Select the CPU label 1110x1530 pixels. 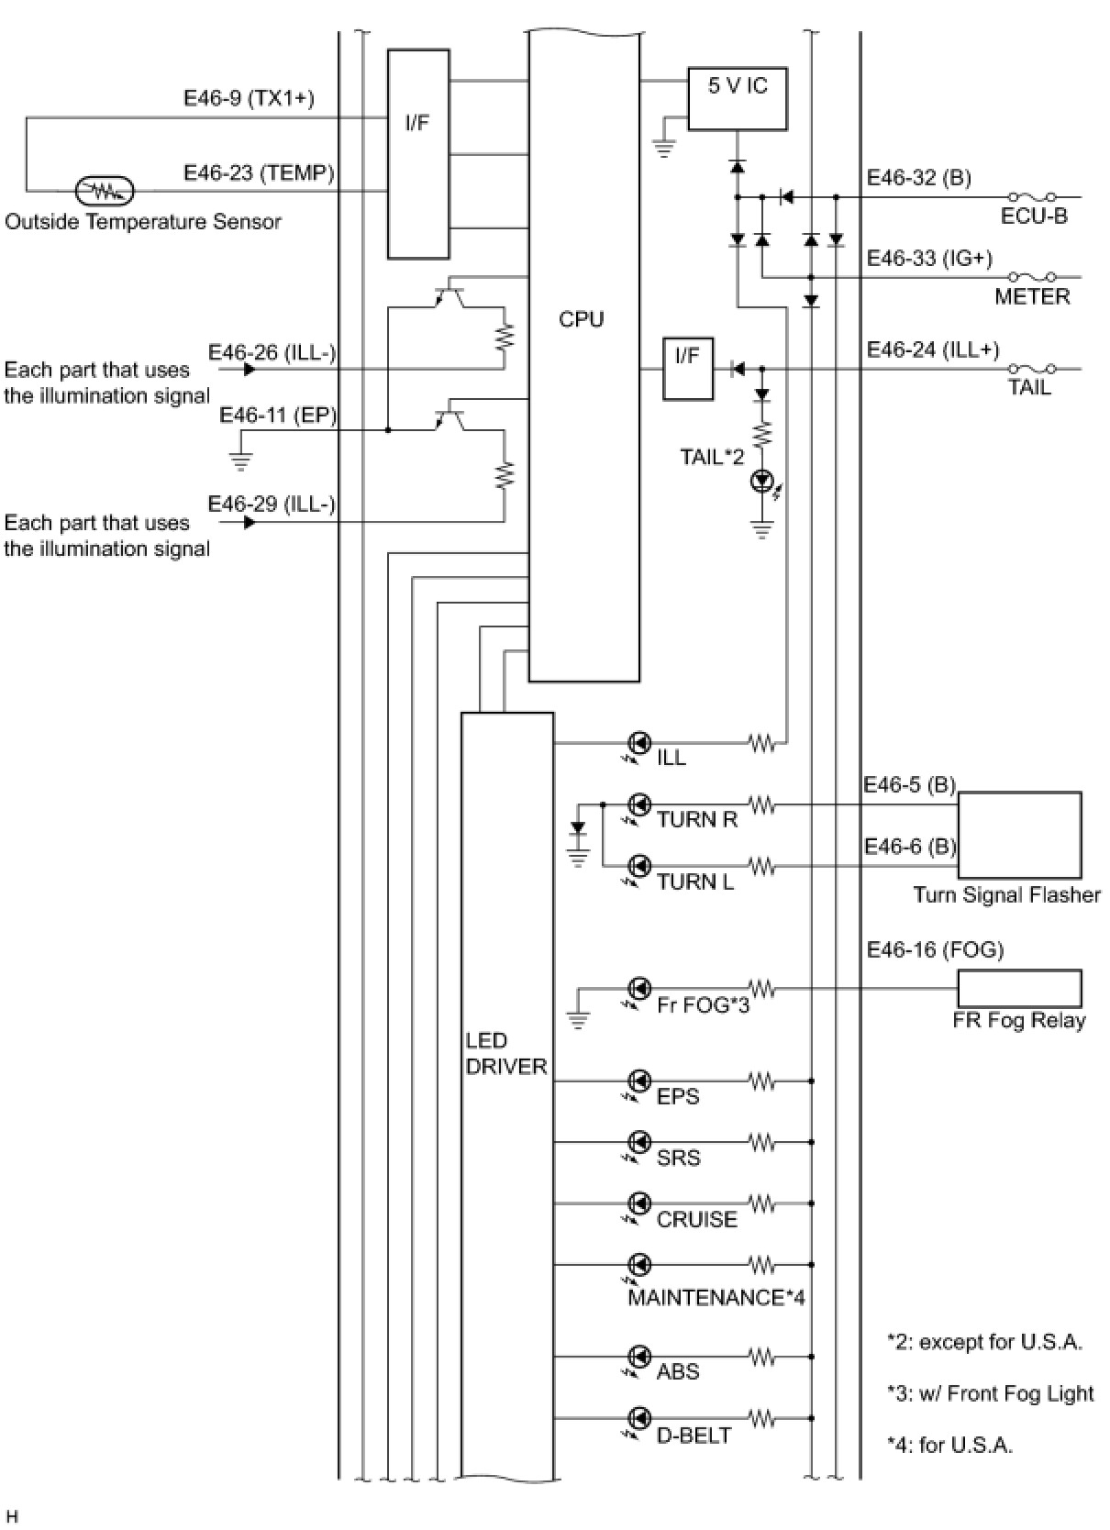[582, 319]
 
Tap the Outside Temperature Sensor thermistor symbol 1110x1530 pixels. [105, 191]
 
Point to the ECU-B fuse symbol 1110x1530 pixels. [1032, 197]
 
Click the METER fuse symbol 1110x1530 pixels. [1032, 277]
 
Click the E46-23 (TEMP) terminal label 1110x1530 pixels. [259, 172]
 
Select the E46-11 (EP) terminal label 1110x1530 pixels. [278, 416]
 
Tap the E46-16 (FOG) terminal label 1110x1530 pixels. [935, 949]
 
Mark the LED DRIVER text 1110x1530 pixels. [506, 1053]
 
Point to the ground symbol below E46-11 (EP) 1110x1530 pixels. [240, 462]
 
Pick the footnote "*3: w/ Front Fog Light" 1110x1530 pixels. [991, 1393]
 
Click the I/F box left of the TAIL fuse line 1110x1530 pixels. [688, 369]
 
